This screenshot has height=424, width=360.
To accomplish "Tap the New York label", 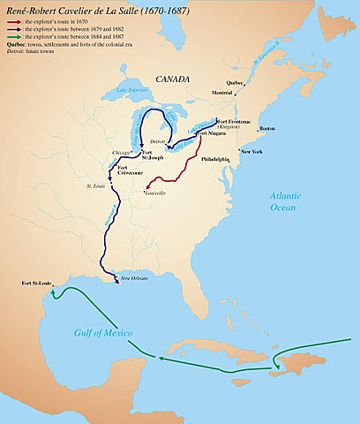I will pyautogui.click(x=251, y=151).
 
